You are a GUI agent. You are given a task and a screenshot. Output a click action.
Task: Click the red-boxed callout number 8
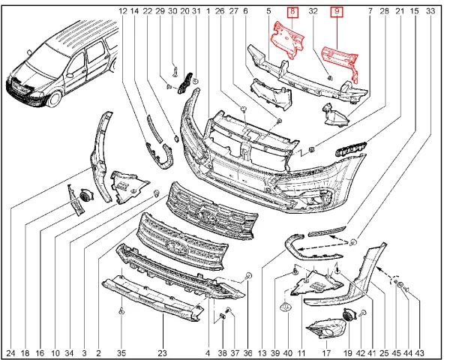[293, 12]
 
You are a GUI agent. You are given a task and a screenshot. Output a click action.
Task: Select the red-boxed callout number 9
[337, 12]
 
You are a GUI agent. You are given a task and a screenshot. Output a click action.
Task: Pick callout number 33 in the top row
[429, 12]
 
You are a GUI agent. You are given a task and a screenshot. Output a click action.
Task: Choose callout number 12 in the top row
[123, 12]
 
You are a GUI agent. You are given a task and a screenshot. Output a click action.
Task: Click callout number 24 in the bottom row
[10, 352]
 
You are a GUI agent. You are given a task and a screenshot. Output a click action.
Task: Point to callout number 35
[121, 352]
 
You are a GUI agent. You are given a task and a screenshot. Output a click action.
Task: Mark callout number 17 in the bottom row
[326, 352]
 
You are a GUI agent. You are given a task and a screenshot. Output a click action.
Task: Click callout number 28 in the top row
[384, 12]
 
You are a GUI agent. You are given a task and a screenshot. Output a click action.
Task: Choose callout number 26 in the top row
[219, 12]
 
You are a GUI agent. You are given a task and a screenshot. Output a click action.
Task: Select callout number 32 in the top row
[313, 12]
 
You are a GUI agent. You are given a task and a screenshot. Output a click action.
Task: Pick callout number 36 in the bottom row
[247, 352]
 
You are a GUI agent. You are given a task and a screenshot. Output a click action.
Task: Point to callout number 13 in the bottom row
[262, 352]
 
